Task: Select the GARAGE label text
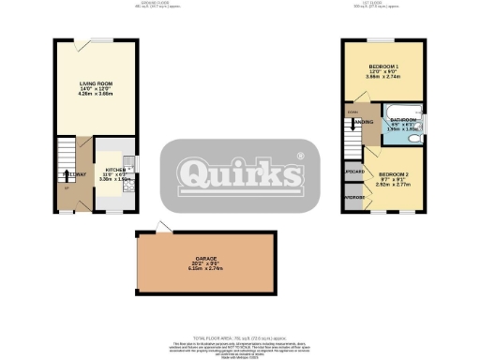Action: point(206,258)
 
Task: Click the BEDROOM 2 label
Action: point(394,175)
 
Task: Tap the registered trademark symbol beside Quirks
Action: point(300,156)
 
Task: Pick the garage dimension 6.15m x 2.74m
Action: point(206,269)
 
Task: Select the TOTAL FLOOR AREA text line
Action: point(240,335)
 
